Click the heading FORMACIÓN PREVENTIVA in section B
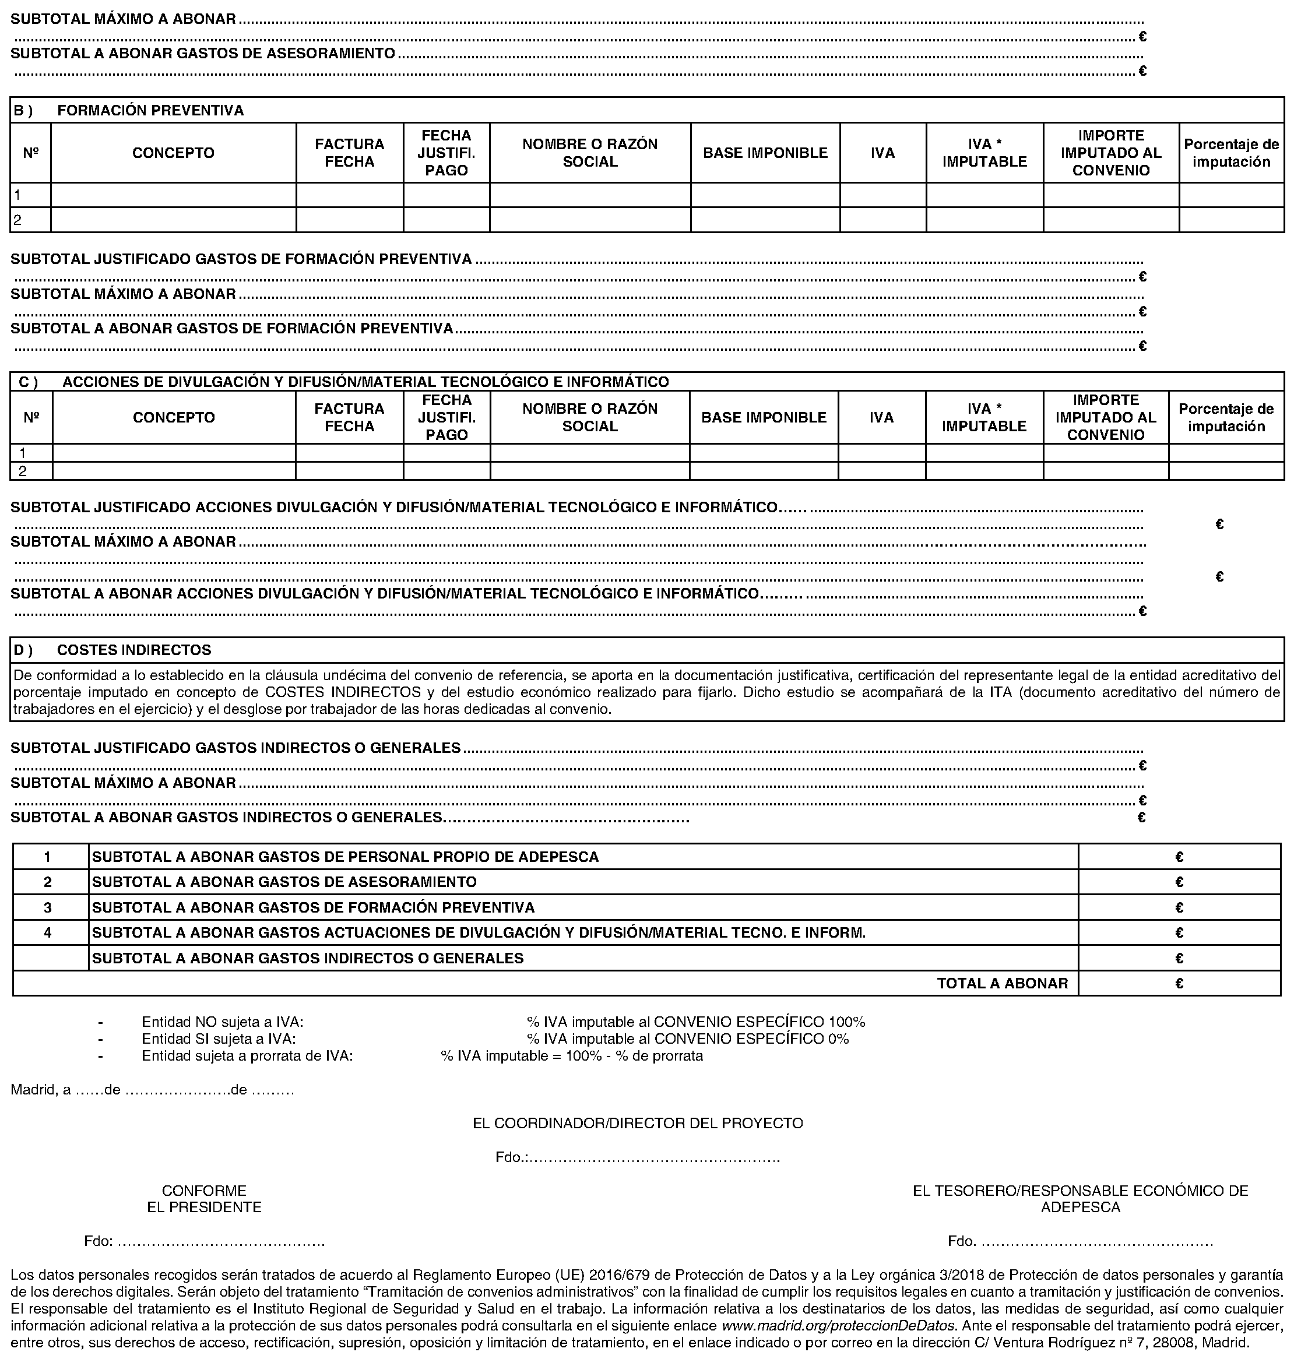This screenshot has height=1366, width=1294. pos(150,110)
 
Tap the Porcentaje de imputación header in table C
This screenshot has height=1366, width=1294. pos(1226,417)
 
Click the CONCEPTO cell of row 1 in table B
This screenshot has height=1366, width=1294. pos(173,195)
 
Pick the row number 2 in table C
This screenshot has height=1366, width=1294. pos(23,471)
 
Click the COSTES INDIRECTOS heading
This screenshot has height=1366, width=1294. pos(134,650)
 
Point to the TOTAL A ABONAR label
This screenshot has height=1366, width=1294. pos(1001,983)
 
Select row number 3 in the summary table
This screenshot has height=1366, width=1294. pos(48,907)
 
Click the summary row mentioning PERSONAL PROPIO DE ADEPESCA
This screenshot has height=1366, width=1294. pos(345,857)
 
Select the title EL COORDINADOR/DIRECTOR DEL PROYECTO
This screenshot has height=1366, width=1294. pos(637,1123)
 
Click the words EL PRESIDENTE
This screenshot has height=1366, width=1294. pos(204,1207)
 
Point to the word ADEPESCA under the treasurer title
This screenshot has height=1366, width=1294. pos(1080,1207)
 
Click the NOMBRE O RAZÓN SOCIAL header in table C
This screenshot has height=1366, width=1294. pos(590,417)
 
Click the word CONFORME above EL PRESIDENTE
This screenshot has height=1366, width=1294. pos(204,1191)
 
